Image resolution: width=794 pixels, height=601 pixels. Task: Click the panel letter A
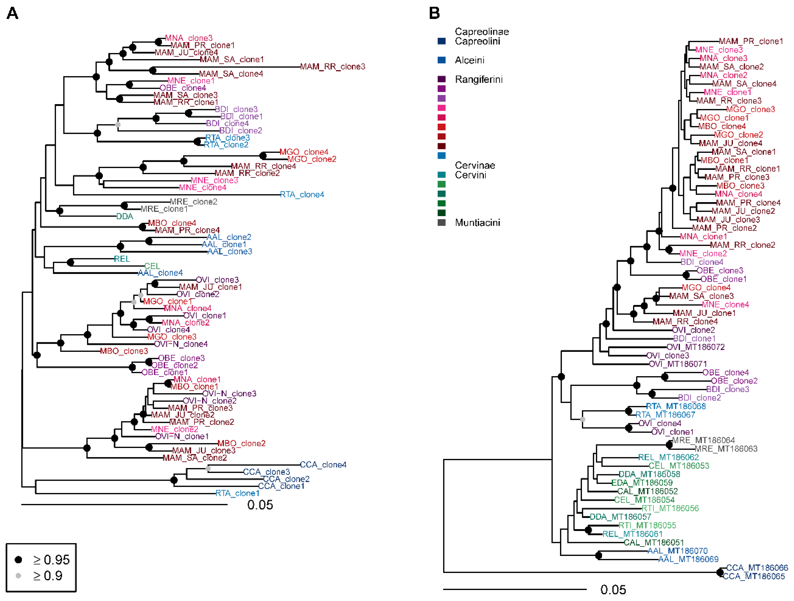coord(12,14)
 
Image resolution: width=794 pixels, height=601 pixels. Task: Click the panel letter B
coord(434,14)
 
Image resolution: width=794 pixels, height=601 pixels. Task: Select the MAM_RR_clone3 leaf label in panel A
coord(332,67)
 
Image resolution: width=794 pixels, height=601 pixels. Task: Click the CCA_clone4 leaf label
coord(323,465)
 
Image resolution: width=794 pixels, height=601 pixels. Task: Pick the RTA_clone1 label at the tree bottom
coord(237,493)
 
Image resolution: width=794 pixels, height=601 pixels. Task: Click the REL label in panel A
coord(122,259)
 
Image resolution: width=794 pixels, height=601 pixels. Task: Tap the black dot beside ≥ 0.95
coord(18,559)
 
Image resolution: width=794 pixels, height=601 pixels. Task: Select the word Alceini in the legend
coord(469,60)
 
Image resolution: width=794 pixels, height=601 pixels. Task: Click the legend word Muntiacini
coord(477,222)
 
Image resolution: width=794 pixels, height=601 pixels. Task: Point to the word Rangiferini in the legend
coord(479,79)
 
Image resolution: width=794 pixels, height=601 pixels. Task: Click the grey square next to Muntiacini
coord(442,222)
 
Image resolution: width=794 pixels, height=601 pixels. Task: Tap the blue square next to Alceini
coord(442,60)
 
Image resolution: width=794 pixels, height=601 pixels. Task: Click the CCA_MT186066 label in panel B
coord(757,568)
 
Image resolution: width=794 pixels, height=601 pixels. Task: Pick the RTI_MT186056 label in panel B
coord(670,508)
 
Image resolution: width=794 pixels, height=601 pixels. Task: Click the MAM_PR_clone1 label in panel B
coord(750,41)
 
